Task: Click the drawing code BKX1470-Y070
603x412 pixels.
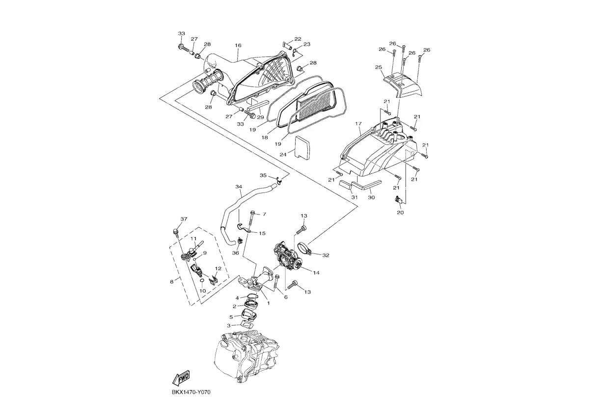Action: pyautogui.click(x=191, y=392)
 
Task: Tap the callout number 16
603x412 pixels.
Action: pyautogui.click(x=238, y=46)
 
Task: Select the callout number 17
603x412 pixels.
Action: pyautogui.click(x=358, y=124)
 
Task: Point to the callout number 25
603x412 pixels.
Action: pyautogui.click(x=379, y=67)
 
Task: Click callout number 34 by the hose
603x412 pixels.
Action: pyautogui.click(x=239, y=186)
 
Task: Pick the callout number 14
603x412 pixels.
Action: pyautogui.click(x=316, y=273)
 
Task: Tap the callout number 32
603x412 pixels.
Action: pyautogui.click(x=326, y=255)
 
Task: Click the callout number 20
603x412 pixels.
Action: pyautogui.click(x=400, y=213)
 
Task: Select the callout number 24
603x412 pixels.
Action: pyautogui.click(x=283, y=155)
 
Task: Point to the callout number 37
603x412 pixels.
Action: pyautogui.click(x=184, y=219)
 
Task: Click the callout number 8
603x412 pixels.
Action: pyautogui.click(x=172, y=282)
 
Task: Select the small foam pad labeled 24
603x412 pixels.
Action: pyautogui.click(x=303, y=147)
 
